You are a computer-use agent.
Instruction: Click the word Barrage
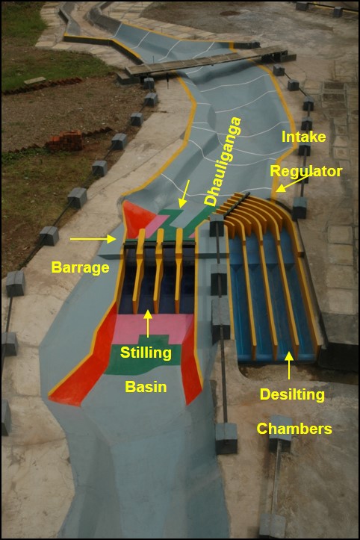80,267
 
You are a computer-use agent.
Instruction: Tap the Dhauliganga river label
223,161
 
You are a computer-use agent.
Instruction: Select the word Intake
303,137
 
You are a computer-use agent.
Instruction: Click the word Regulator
306,172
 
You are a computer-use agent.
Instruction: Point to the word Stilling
146,353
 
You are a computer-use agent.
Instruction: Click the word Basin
146,387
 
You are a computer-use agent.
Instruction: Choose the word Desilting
292,394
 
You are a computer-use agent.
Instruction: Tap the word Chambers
294,429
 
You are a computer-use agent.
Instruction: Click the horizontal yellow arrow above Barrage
93,239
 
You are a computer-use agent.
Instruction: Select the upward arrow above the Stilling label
148,323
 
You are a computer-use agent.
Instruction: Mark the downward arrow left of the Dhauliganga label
184,194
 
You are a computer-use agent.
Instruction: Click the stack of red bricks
65,140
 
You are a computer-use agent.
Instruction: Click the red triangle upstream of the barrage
137,218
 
